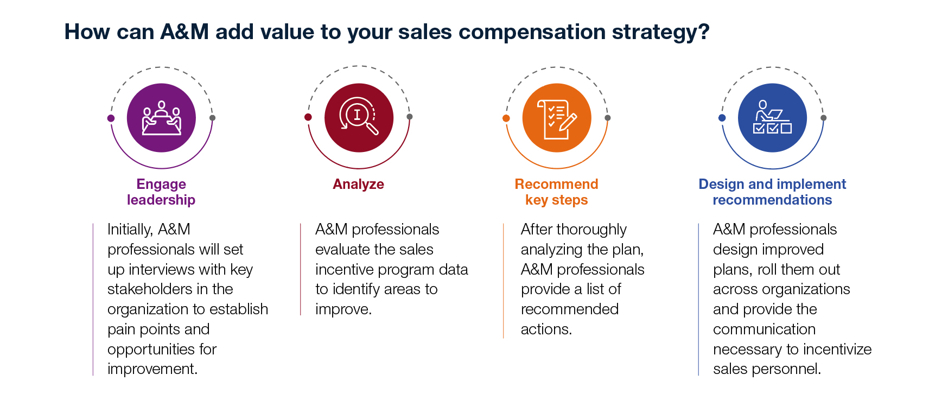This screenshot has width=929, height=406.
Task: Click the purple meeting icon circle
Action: (161, 118)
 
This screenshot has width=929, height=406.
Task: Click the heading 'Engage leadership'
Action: (161, 192)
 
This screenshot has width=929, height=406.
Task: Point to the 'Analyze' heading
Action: (358, 184)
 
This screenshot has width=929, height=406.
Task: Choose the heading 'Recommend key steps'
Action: (557, 192)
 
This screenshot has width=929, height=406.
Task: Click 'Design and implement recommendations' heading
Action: (772, 192)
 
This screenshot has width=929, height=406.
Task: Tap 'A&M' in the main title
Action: (184, 31)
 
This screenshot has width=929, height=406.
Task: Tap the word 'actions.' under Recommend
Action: (546, 329)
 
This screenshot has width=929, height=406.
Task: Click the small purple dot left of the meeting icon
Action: (111, 118)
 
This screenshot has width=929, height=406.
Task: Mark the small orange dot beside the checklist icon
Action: (506, 118)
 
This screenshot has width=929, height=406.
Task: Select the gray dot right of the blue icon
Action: (824, 118)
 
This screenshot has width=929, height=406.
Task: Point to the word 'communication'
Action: (765, 329)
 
